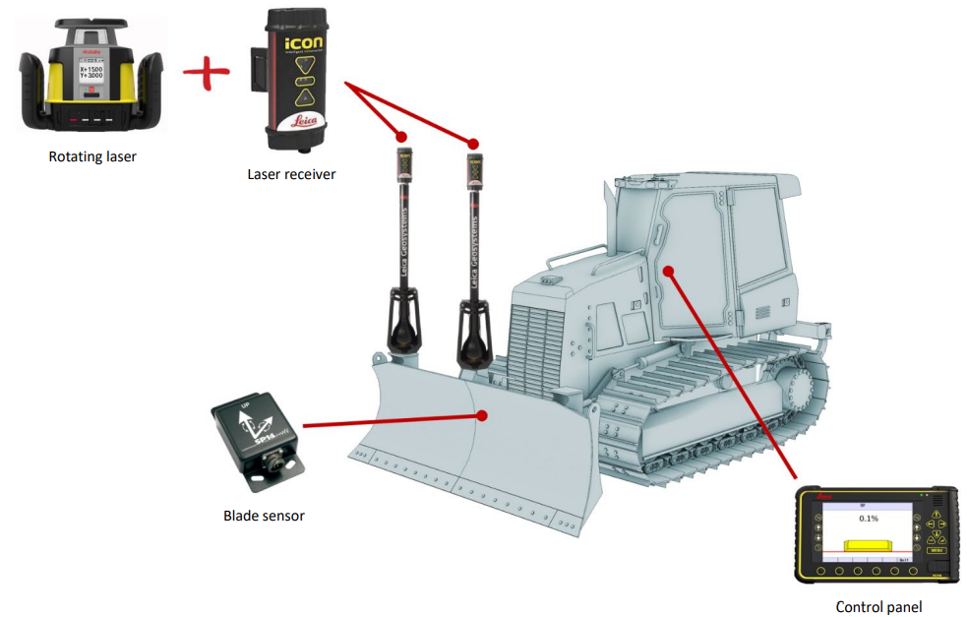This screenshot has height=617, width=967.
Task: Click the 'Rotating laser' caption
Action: (92, 155)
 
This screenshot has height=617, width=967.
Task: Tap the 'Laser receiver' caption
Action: (291, 174)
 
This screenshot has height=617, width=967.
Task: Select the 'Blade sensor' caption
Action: (264, 515)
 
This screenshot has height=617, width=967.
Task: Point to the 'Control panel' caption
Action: (878, 607)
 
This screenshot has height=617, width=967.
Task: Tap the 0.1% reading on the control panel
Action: (868, 518)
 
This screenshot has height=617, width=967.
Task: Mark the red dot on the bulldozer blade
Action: (482, 414)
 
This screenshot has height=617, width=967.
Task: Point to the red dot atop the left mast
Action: (401, 136)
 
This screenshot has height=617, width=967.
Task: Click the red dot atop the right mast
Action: (473, 143)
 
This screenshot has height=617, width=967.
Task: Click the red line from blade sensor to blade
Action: (393, 420)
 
